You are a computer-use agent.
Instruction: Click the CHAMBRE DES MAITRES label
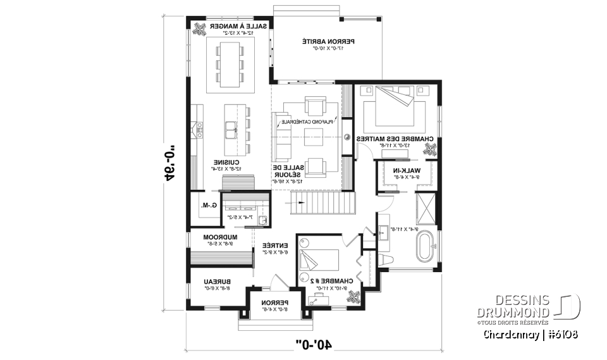click(x=394, y=138)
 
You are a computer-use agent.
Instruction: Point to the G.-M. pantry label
click(x=209, y=205)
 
